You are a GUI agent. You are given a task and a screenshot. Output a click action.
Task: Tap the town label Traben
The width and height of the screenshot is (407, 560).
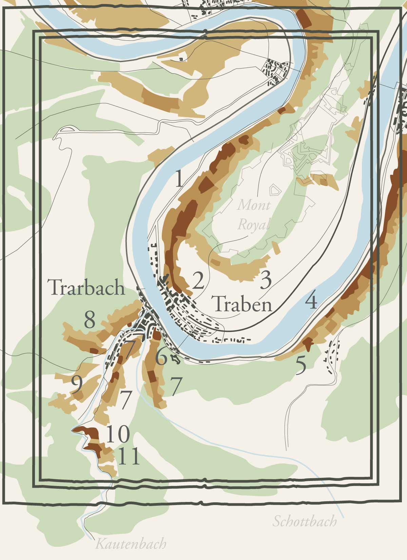pos(243,304)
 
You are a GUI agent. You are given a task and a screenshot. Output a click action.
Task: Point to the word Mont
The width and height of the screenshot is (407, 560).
pos(254,205)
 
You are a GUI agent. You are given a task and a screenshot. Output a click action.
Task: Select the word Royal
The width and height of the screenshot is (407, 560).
pos(254,224)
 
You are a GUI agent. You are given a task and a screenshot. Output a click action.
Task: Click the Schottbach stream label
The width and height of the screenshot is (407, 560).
pos(305,521)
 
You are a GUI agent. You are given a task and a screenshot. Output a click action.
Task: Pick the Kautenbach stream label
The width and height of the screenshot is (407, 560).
pos(131,544)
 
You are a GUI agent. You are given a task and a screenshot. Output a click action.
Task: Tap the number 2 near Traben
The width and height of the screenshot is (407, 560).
pos(198,281)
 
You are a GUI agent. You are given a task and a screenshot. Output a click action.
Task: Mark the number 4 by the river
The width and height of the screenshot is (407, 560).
pos(311,301)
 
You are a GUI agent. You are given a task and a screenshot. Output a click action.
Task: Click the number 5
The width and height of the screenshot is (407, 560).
pos(301,366)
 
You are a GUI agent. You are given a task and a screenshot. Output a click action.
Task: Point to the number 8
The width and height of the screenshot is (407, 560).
pos(90,320)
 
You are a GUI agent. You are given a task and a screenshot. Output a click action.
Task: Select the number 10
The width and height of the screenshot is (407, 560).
pos(118,434)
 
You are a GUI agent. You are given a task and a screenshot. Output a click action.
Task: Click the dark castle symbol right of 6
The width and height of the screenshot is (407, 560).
pos(175,358)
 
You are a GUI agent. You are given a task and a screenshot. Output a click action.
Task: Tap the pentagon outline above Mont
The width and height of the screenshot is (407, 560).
pos(275,190)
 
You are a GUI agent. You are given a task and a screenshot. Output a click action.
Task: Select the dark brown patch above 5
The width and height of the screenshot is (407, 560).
pos(308,343)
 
